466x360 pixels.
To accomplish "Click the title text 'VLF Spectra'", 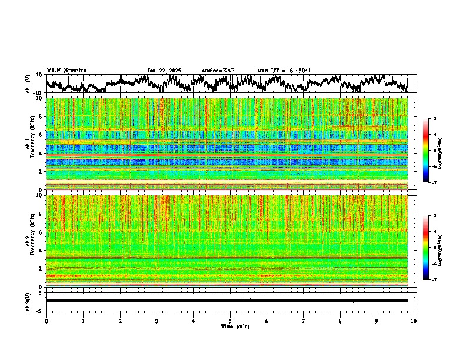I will pyautogui.click(x=66, y=70).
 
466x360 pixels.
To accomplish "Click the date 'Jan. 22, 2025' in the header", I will pyautogui.click(x=164, y=71).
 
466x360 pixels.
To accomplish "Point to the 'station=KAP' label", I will pyautogui.click(x=218, y=71).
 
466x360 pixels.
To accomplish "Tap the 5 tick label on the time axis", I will pyautogui.click(x=230, y=321).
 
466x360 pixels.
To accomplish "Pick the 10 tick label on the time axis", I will pyautogui.click(x=414, y=321).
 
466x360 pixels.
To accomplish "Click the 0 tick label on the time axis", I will pyautogui.click(x=46, y=321).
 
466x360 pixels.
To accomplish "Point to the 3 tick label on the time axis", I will pyautogui.click(x=157, y=321).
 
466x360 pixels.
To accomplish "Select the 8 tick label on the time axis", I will pyautogui.click(x=340, y=321).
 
